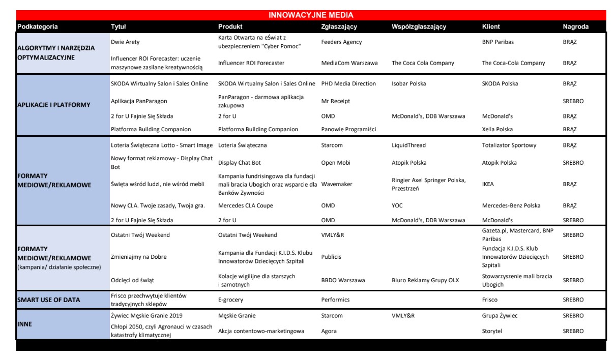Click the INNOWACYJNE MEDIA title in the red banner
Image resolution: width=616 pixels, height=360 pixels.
click(311, 15)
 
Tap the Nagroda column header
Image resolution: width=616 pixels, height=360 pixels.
click(576, 26)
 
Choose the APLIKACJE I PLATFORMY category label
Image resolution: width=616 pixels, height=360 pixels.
click(53, 105)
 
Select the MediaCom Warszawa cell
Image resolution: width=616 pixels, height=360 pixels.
click(349, 63)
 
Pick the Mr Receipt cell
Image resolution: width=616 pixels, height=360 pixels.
click(336, 101)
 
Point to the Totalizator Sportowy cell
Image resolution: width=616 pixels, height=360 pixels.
click(509, 145)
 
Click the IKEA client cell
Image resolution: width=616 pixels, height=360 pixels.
click(488, 184)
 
